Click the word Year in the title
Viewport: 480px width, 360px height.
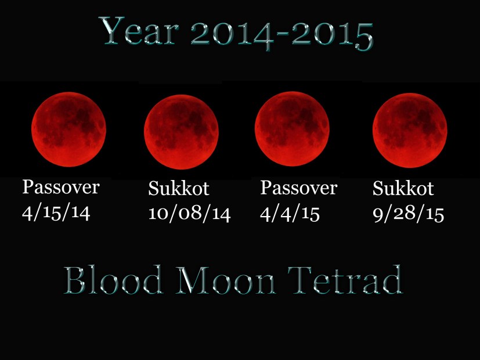tap(140, 33)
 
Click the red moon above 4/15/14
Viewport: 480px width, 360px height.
tap(68, 129)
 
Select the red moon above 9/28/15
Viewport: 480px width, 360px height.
tap(409, 131)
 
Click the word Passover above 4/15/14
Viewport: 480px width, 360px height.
tap(61, 188)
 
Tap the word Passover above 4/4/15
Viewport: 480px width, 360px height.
tap(298, 188)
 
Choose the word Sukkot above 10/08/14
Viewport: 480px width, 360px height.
tap(178, 189)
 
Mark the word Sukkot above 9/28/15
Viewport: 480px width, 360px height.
tap(403, 189)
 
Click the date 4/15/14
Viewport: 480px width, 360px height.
tap(56, 213)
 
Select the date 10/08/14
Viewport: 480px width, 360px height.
tap(189, 213)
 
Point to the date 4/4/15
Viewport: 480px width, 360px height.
tap(290, 213)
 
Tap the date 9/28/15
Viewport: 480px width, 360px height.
tap(408, 213)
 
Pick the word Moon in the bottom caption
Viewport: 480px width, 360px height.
tap(236, 281)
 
